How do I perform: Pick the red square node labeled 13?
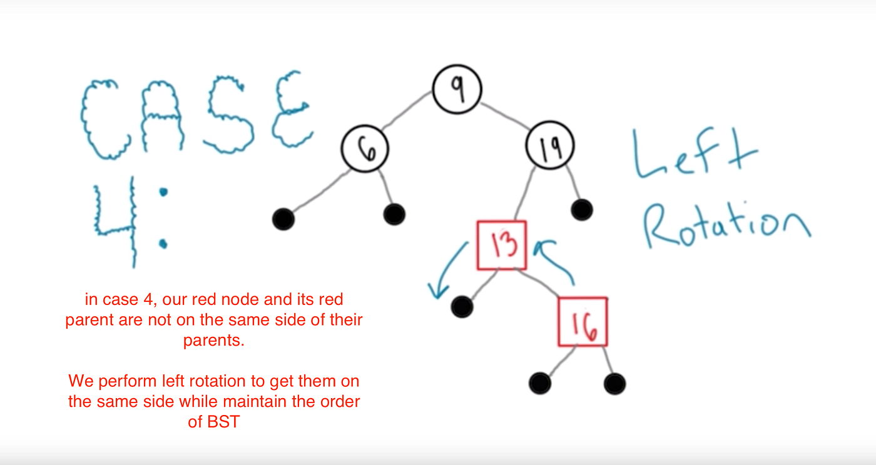(x=502, y=245)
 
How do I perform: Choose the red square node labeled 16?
(x=583, y=322)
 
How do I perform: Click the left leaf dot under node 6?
(x=283, y=219)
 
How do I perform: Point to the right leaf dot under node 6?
(x=394, y=214)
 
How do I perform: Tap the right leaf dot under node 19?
(x=582, y=210)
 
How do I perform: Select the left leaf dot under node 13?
(x=462, y=306)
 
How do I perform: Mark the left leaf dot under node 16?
(x=539, y=382)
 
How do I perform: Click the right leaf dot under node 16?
(x=614, y=383)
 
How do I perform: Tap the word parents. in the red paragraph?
(x=213, y=341)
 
